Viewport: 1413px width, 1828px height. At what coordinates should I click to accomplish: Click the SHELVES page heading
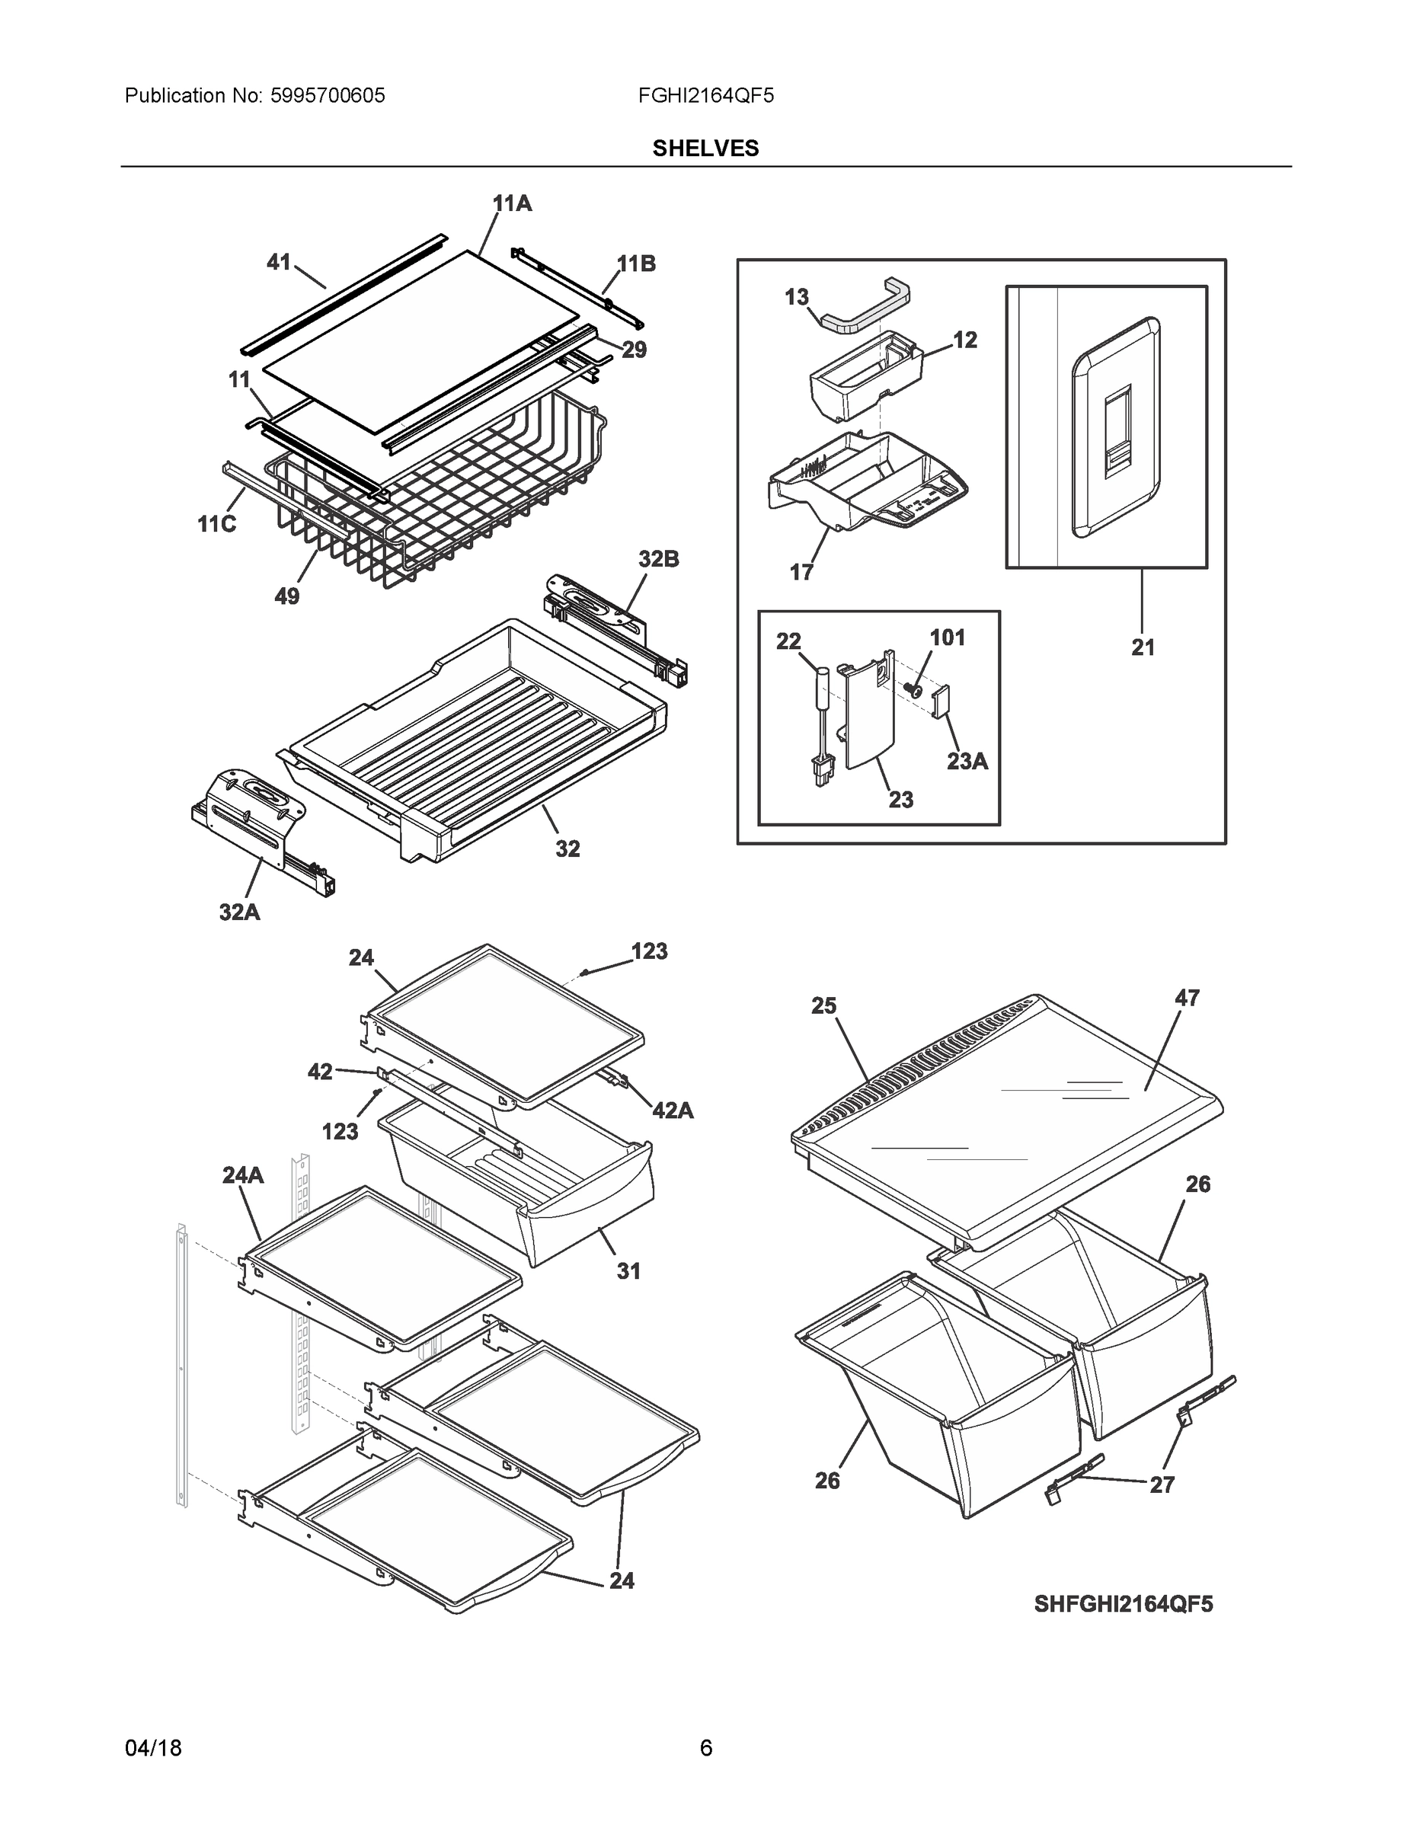[x=705, y=149]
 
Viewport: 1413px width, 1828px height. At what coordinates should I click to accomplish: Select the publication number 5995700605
[x=328, y=95]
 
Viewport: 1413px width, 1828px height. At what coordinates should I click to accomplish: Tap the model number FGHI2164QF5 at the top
[x=705, y=95]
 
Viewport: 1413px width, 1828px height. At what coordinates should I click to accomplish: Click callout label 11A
[x=511, y=203]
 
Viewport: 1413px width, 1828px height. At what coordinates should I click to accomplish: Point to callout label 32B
[x=658, y=559]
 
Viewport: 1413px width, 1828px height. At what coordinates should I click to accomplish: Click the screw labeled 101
[x=915, y=692]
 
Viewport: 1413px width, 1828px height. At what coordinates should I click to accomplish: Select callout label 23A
[x=967, y=761]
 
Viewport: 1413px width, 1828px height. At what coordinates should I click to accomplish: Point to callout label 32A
[x=239, y=912]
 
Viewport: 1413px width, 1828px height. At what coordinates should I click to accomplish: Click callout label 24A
[x=243, y=1175]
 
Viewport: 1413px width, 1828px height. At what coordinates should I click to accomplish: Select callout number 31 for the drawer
[x=628, y=1270]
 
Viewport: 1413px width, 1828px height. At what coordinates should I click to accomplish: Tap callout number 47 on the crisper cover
[x=1186, y=998]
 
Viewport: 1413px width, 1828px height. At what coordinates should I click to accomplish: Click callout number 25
[x=823, y=1005]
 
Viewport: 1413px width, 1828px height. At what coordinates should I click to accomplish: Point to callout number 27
[x=1161, y=1484]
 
